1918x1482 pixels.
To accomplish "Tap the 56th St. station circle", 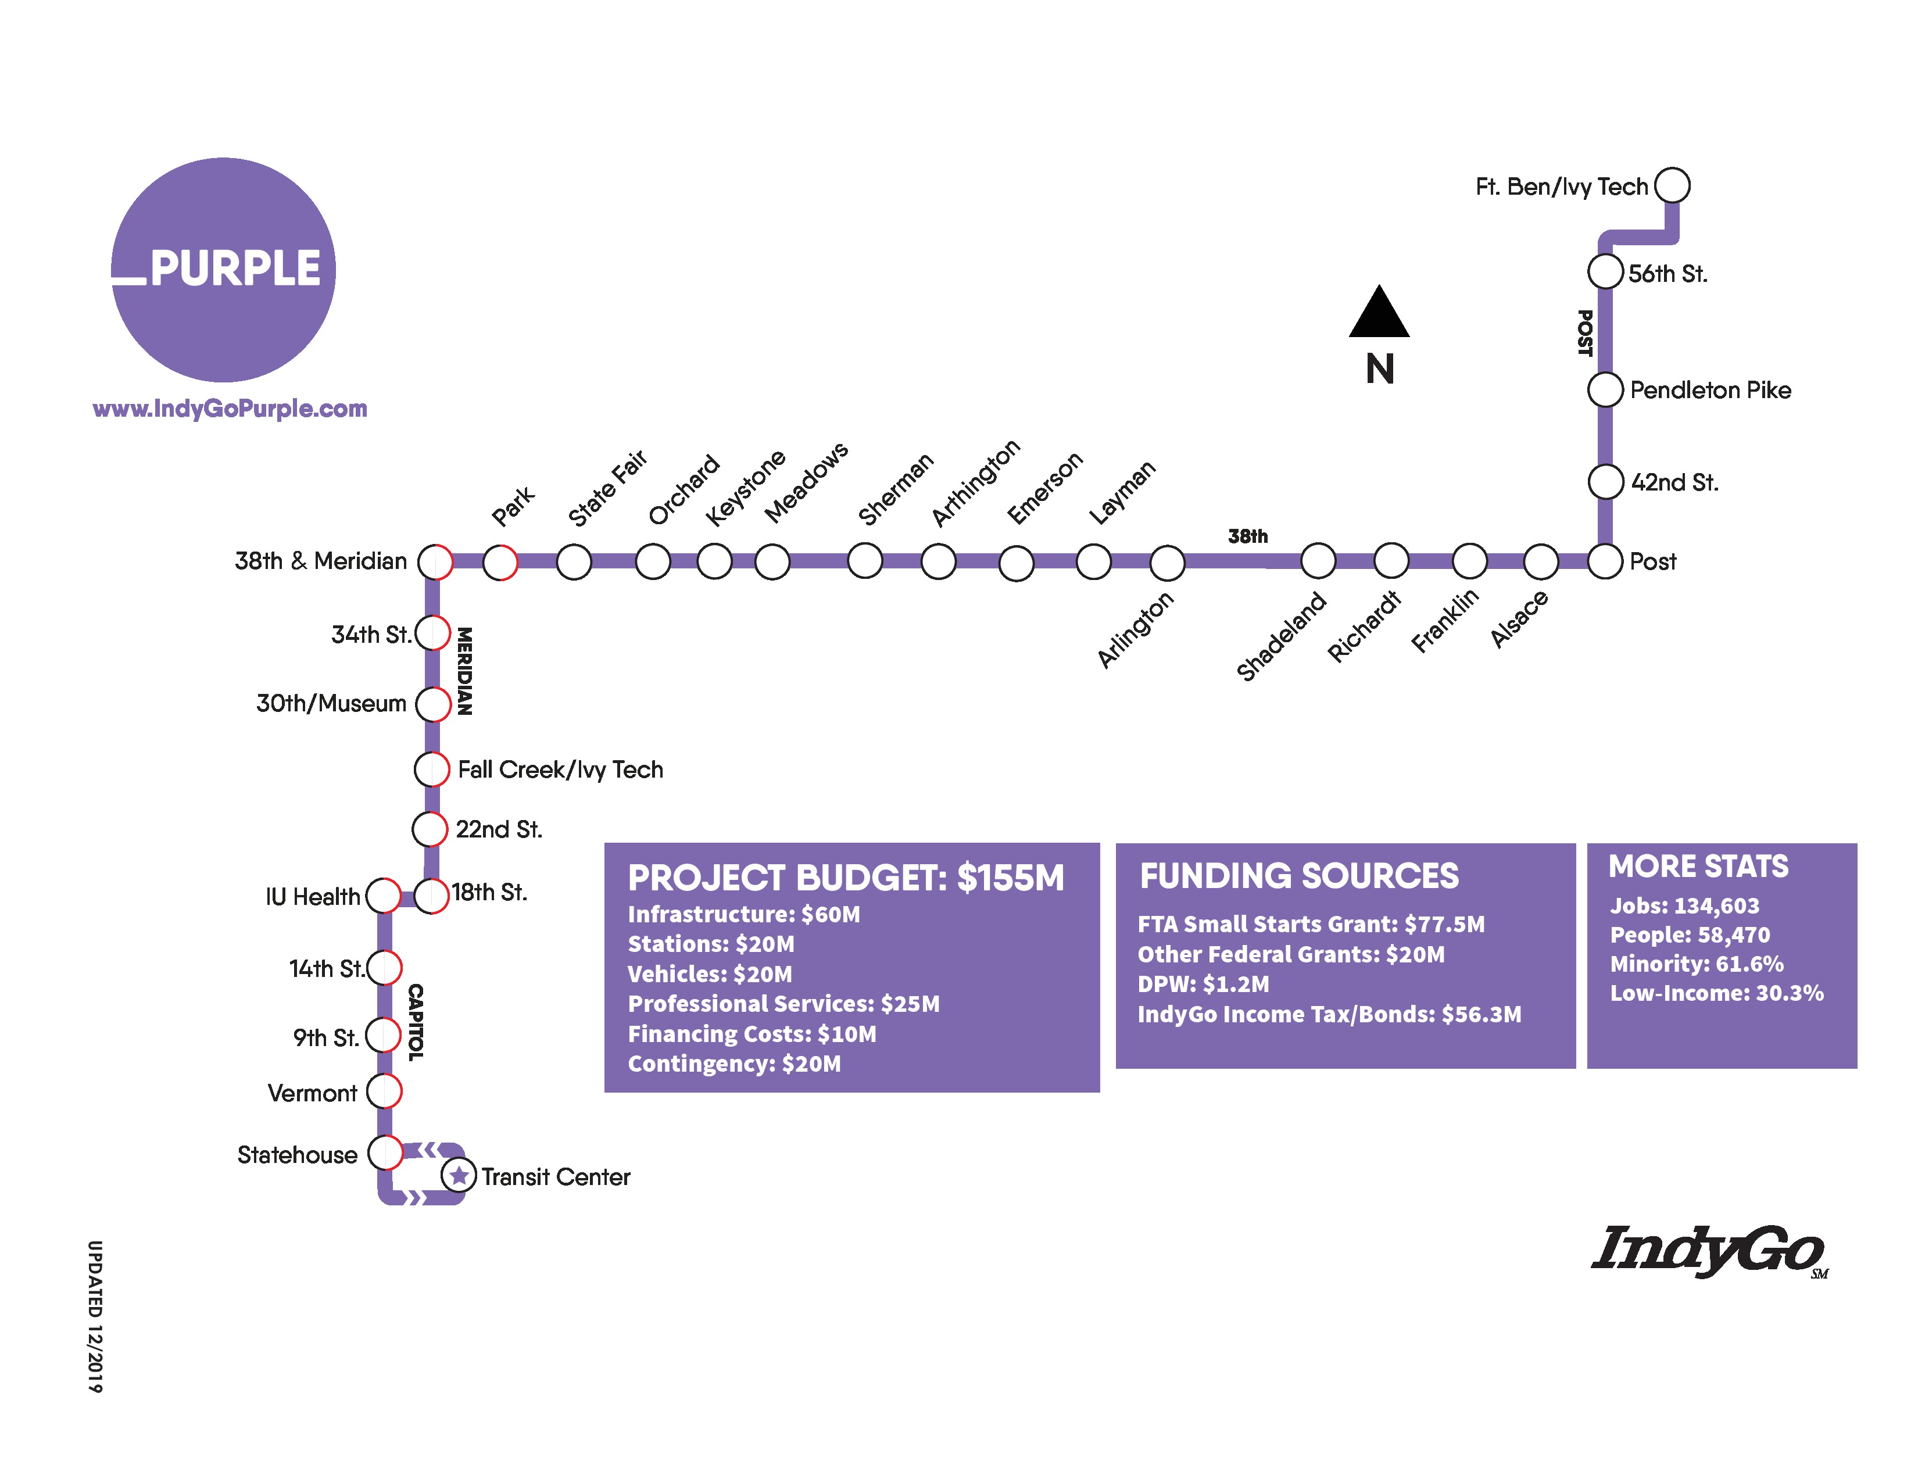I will coord(1605,271).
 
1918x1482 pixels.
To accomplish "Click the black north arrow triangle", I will coord(1379,313).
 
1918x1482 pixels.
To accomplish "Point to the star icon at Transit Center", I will coord(459,1175).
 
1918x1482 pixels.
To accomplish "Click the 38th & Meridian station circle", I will coord(435,561).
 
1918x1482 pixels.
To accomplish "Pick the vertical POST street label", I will coord(1584,333).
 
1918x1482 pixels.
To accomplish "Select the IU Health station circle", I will coord(383,896).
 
